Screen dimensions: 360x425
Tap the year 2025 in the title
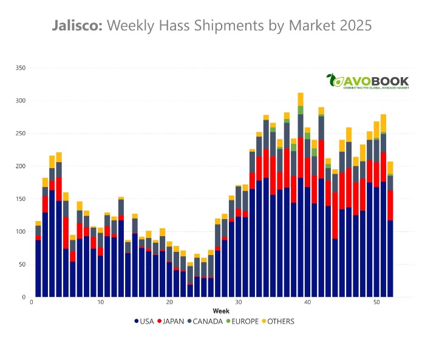tap(350, 26)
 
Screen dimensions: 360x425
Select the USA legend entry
tap(145, 321)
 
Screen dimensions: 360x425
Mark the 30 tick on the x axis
tap(239, 302)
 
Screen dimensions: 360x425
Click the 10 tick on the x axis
tap(100, 302)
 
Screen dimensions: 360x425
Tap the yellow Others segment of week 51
tap(384, 123)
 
